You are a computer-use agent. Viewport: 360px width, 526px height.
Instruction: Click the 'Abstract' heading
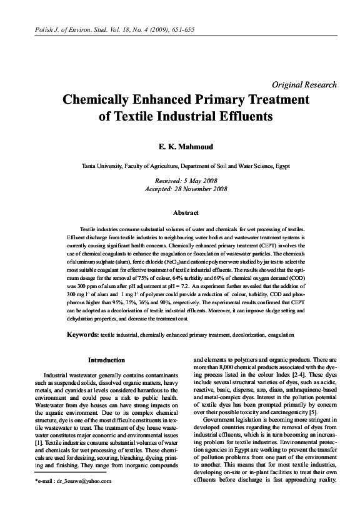(x=180, y=212)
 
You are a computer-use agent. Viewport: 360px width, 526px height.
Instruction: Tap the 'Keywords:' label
(x=82, y=335)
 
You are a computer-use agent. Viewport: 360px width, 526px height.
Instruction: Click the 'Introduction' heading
(x=106, y=360)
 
